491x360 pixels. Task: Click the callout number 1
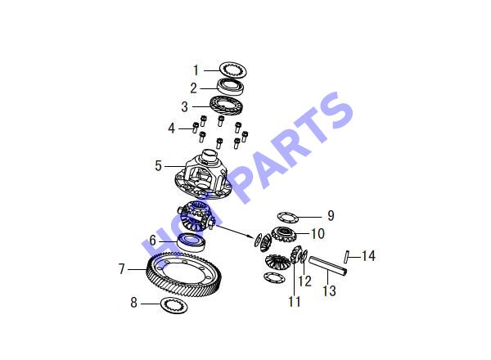(x=196, y=70)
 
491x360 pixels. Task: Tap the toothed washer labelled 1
(x=233, y=70)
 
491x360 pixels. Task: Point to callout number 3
(x=184, y=106)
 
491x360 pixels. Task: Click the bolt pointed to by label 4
(x=195, y=128)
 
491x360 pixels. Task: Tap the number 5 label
(x=159, y=165)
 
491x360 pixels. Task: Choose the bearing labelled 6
(x=191, y=242)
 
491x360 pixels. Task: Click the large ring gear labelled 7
(x=184, y=274)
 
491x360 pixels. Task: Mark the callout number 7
(x=121, y=269)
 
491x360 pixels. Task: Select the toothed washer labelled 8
(x=173, y=305)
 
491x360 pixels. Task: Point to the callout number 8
(x=133, y=303)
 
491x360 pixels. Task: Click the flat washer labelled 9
(x=287, y=216)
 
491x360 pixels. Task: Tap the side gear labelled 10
(x=283, y=234)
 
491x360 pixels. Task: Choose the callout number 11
(x=295, y=301)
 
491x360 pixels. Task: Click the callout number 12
(x=304, y=281)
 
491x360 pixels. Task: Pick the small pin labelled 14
(x=346, y=256)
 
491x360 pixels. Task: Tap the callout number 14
(x=368, y=256)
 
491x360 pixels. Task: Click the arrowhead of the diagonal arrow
(x=250, y=236)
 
